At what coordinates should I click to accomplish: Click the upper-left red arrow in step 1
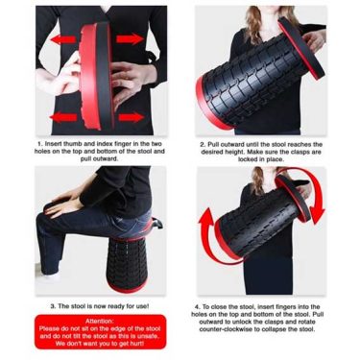pos(63,39)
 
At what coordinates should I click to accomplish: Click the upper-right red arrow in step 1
pos(130,39)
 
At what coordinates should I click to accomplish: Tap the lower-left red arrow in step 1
pos(63,117)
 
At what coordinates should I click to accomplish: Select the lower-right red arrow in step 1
pos(132,117)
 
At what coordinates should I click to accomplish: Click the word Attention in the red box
pos(100,322)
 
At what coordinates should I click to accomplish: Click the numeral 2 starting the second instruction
pos(203,145)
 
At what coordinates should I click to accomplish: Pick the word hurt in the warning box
pos(136,344)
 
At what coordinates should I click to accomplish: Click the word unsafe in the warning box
pos(149,336)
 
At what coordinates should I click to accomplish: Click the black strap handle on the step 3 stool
pos(157,223)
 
